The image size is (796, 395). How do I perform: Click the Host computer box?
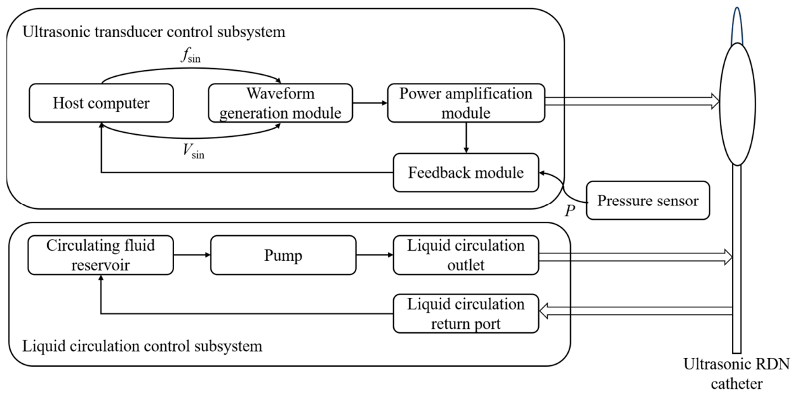[x=101, y=103]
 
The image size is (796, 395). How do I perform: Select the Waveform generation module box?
[x=280, y=103]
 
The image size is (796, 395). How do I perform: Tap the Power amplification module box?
[x=465, y=103]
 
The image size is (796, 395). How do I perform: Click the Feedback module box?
[x=465, y=173]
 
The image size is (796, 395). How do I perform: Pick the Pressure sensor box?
[x=648, y=201]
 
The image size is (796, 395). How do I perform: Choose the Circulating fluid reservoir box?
[x=101, y=255]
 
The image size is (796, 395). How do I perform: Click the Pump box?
[x=283, y=255]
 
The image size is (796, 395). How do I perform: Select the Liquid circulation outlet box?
[x=465, y=255]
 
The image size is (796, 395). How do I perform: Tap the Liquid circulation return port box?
[x=465, y=314]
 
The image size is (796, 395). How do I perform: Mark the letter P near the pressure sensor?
[x=570, y=210]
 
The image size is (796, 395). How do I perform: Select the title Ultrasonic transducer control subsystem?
[x=154, y=32]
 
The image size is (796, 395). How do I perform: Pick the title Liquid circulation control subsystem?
[x=143, y=346]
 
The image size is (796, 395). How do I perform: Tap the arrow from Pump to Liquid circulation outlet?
[x=374, y=255]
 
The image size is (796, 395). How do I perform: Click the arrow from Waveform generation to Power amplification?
[x=370, y=103]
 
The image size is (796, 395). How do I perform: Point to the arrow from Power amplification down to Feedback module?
[x=465, y=138]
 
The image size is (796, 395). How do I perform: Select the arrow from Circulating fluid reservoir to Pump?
[x=192, y=255]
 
